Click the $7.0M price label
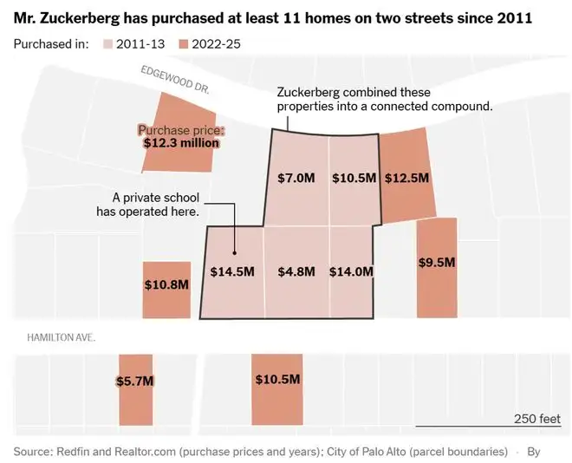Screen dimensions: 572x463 pos(296,178)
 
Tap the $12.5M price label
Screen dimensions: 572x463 pos(406,178)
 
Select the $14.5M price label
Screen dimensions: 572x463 pos(232,271)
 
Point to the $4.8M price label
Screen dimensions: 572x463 pos(296,271)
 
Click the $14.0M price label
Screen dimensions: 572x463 pos(351,271)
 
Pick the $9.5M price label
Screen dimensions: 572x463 pos(437,263)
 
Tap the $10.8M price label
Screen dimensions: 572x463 pos(166,284)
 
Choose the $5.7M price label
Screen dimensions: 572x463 pos(135,381)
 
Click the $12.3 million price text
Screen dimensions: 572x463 pos(181,143)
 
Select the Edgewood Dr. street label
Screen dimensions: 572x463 pos(175,80)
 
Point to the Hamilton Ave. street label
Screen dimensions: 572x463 pos(61,337)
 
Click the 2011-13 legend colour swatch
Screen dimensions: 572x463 pos(107,44)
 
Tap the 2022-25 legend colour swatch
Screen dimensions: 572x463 pos(183,44)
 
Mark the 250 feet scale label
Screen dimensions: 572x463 pos(537,419)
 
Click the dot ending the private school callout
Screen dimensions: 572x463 pos(235,253)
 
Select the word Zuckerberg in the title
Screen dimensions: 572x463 pos(79,18)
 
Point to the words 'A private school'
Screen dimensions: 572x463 pos(156,198)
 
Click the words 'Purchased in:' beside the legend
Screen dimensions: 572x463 pos(51,44)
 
